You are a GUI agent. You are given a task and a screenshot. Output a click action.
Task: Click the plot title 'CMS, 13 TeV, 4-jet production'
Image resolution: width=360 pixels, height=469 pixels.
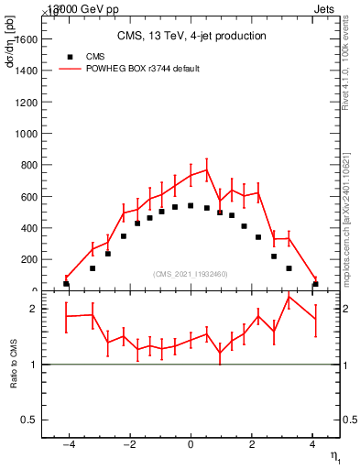tap(191, 37)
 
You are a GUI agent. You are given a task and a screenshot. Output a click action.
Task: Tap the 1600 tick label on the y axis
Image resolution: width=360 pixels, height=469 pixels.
tap(26, 39)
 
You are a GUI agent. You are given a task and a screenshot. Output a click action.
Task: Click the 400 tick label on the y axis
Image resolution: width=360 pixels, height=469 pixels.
tap(28, 228)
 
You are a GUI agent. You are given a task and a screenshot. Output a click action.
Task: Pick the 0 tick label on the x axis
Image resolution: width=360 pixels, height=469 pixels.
tap(191, 446)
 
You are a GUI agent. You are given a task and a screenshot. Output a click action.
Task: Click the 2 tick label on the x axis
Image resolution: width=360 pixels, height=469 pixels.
tap(252, 446)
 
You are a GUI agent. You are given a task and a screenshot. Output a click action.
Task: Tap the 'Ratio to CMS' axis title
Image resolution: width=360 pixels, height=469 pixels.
tap(14, 365)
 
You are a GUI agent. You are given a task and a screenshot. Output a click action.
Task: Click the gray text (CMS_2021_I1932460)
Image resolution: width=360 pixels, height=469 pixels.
tap(191, 274)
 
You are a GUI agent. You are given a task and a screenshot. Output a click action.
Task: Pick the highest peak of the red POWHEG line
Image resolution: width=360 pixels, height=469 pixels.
tap(207, 169)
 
